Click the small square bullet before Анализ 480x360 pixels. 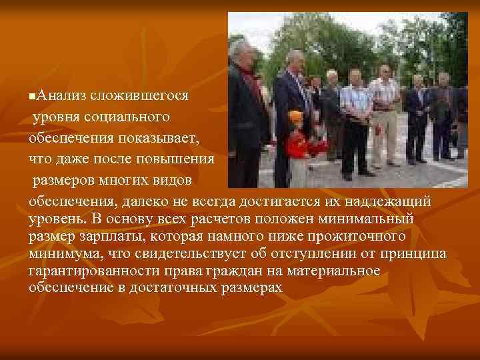point(33,97)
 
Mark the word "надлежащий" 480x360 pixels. point(391,201)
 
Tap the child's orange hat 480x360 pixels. point(295,116)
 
